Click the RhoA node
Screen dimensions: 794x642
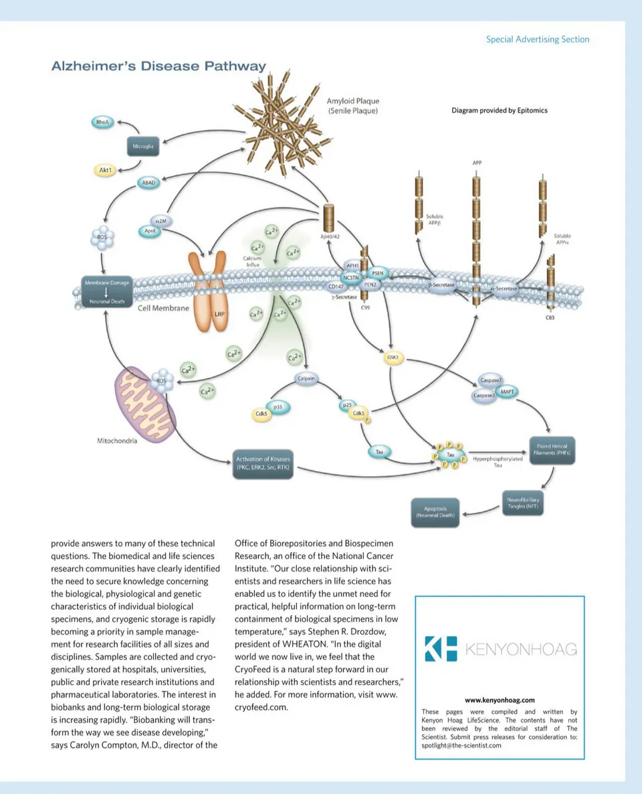[x=102, y=122]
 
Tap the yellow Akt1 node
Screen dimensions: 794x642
[x=106, y=171]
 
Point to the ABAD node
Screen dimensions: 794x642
[x=148, y=182]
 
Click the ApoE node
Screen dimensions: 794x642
[x=150, y=231]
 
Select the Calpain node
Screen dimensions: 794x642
[x=306, y=379]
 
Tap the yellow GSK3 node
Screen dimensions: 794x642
[x=393, y=358]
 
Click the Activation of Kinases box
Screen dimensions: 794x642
[x=263, y=463]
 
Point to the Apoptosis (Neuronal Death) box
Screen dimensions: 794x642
[x=435, y=512]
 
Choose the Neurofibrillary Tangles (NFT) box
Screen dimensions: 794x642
[x=522, y=503]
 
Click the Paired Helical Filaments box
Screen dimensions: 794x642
[x=552, y=450]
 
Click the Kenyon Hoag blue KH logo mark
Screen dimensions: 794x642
[x=441, y=649]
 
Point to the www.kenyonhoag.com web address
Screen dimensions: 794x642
[x=500, y=700]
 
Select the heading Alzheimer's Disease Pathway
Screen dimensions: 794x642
[x=158, y=66]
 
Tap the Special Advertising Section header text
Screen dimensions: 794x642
[x=538, y=39]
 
